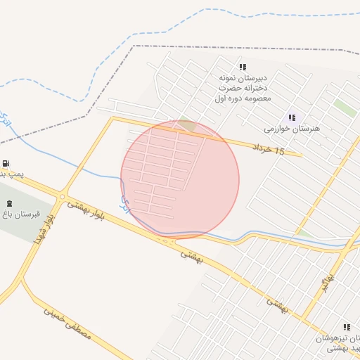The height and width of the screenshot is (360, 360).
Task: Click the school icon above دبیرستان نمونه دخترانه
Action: coord(243,67)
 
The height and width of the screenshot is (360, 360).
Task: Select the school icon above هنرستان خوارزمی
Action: coord(292,117)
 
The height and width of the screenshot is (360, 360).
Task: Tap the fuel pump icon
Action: coord(6,162)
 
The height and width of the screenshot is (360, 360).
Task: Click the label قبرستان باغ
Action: coord(20,213)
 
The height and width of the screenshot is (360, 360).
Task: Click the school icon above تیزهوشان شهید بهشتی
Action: coord(347,327)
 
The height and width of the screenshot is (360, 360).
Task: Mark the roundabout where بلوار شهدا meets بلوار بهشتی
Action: coord(63,197)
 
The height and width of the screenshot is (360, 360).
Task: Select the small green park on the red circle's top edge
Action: coord(186,125)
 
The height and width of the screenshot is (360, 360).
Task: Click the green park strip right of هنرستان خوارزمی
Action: coord(345,107)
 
